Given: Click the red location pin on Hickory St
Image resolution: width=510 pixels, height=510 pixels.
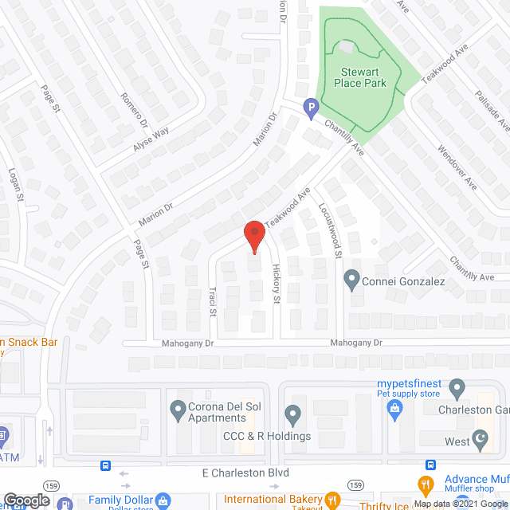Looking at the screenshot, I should coord(253,236).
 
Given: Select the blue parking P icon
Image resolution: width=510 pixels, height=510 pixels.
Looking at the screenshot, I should coord(311,105).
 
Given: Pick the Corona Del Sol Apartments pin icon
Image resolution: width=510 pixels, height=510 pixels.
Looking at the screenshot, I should coord(178,410).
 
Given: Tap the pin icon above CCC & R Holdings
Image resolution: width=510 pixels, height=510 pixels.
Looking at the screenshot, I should coord(292,414).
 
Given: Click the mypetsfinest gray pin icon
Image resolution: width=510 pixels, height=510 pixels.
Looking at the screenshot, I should coord(457,389).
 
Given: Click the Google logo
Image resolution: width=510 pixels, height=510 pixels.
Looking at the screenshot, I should coord(27,500).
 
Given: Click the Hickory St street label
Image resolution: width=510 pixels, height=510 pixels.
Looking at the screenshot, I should coord(277,284).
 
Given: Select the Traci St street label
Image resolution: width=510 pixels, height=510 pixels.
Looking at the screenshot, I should coord(213,301).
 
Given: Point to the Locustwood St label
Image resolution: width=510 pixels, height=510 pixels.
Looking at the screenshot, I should coord(334,229).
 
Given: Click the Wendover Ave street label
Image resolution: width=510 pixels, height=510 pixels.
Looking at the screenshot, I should coord(457,166).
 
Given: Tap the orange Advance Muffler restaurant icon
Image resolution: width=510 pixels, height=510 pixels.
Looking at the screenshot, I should coord(427,483).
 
